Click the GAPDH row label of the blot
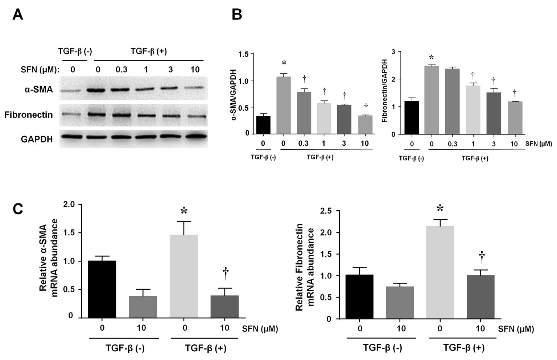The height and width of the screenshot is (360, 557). [37, 139]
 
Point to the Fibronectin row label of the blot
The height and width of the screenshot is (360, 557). [29, 115]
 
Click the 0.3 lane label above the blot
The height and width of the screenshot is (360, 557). [121, 69]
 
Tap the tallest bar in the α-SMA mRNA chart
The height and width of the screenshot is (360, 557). [184, 276]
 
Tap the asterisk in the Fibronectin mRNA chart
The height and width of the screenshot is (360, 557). [440, 208]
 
